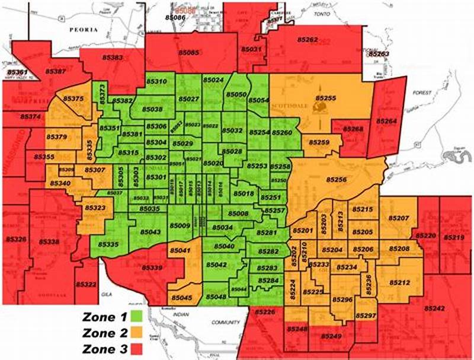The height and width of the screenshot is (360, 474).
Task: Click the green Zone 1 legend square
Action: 137,316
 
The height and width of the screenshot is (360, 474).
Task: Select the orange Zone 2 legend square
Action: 137,332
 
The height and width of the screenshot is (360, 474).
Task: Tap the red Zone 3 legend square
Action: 137,347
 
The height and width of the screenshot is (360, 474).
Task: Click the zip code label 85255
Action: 325,97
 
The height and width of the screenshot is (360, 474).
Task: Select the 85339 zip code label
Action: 152,268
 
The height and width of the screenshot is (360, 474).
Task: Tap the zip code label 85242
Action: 434,308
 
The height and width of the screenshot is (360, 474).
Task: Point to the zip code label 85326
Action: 16,240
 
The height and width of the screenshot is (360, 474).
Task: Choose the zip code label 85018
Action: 244,193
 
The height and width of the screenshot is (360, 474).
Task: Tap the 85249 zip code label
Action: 332,336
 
